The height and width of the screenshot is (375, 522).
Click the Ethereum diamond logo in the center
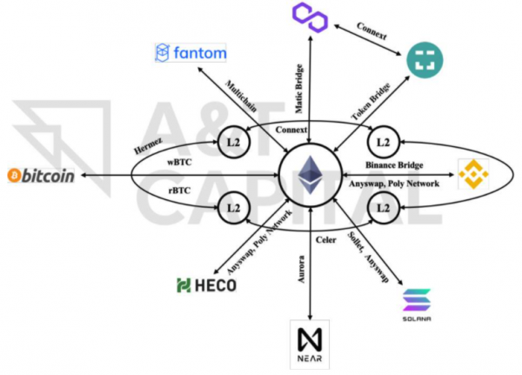(x=311, y=175)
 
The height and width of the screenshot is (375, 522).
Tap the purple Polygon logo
(x=310, y=17)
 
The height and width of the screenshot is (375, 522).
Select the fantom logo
(x=191, y=52)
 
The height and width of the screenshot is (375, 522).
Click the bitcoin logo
(x=41, y=176)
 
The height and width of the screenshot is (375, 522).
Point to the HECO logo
(x=206, y=285)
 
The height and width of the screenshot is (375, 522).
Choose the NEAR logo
(x=310, y=345)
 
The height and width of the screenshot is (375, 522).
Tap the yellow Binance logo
(x=473, y=174)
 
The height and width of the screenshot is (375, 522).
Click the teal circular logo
(x=425, y=60)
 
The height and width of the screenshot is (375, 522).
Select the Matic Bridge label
(x=299, y=89)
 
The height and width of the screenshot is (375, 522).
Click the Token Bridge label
(x=371, y=102)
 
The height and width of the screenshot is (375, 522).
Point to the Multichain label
(x=241, y=96)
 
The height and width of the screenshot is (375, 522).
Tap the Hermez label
(x=148, y=146)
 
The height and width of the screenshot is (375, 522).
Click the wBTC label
(x=179, y=163)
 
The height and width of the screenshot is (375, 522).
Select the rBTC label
(x=179, y=191)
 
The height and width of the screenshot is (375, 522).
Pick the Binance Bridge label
(x=394, y=164)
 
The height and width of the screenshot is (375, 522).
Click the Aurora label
(x=301, y=270)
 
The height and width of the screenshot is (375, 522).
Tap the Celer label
(x=326, y=240)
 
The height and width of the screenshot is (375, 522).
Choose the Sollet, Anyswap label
(x=368, y=257)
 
